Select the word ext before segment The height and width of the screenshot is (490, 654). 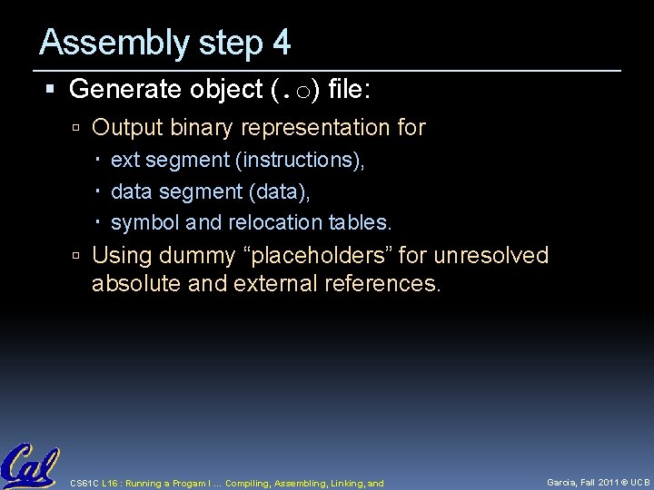pyautogui.click(x=124, y=162)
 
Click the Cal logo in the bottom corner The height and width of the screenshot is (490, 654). pyautogui.click(x=29, y=465)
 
